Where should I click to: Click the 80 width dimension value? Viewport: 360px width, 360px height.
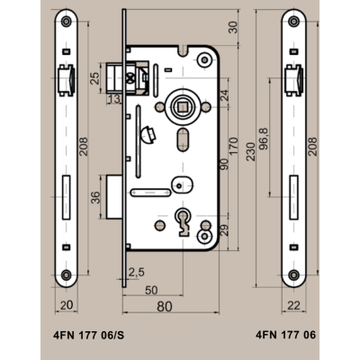click(165, 306)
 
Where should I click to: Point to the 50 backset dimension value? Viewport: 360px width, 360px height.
click(151, 290)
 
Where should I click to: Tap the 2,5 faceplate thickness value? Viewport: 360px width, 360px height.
click(137, 272)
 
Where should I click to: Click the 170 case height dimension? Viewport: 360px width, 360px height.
click(233, 147)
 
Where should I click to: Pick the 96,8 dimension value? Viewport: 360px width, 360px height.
click(264, 139)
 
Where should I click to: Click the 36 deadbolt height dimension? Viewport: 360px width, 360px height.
click(96, 197)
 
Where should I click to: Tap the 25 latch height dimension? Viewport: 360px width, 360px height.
click(95, 78)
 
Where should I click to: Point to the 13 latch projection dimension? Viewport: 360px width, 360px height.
click(114, 98)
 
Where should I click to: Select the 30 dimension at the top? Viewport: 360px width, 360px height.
click(233, 27)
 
